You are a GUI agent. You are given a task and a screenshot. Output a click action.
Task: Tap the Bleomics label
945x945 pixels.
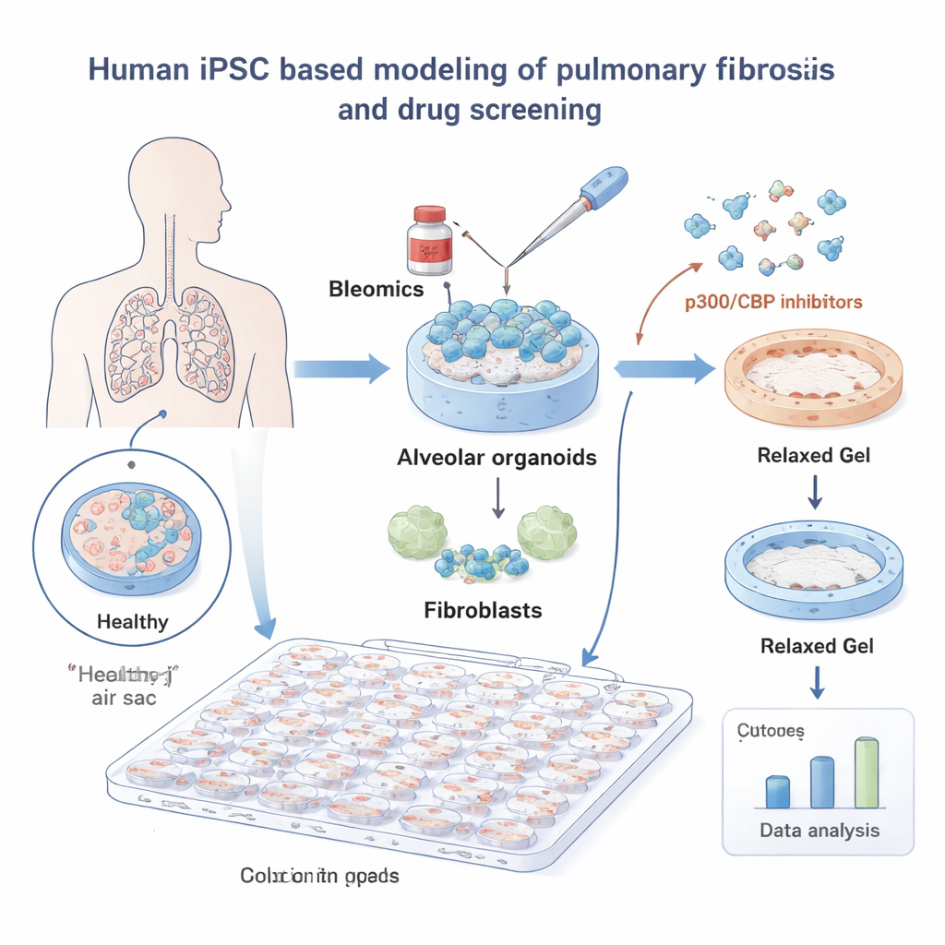(x=376, y=289)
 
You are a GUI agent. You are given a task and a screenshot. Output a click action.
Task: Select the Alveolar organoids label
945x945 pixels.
(x=497, y=457)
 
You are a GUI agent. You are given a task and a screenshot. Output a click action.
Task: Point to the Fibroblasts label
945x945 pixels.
(x=482, y=609)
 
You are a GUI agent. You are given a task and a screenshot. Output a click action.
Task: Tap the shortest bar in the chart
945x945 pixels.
(x=777, y=791)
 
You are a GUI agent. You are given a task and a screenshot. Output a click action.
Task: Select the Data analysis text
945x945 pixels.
(x=819, y=831)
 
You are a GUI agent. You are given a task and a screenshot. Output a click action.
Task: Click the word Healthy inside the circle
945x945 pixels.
(x=133, y=621)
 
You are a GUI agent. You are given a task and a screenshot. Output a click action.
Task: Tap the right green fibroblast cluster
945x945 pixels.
(x=546, y=532)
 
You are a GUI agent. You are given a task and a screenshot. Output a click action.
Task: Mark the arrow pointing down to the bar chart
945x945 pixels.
(x=816, y=682)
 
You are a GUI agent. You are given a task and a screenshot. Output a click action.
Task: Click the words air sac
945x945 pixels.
(x=125, y=699)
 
